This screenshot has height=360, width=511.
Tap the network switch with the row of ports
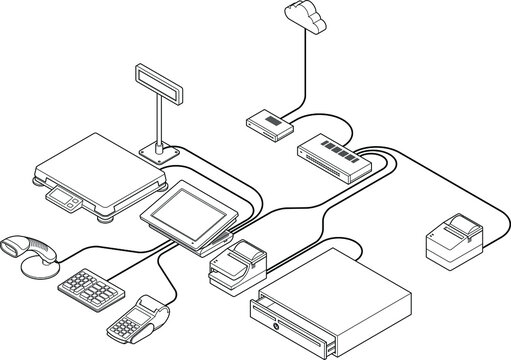[331, 154]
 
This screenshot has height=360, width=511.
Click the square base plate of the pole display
[159, 152]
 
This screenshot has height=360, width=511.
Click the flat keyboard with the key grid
[94, 290]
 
